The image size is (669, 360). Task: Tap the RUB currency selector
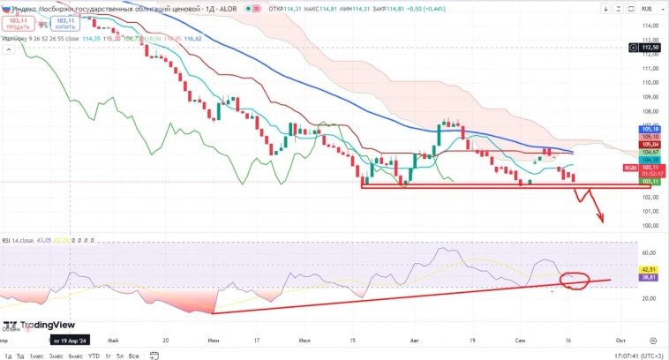(x=647, y=8)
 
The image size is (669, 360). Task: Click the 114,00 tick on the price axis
(x=650, y=26)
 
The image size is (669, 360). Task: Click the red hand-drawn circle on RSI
(x=575, y=280)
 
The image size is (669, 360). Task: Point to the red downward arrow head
(x=601, y=219)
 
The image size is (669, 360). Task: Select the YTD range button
(x=94, y=356)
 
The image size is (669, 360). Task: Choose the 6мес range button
(x=76, y=356)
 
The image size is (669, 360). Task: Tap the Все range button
(x=133, y=356)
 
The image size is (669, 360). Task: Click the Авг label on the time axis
(x=415, y=339)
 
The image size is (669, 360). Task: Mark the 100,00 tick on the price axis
(x=650, y=225)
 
